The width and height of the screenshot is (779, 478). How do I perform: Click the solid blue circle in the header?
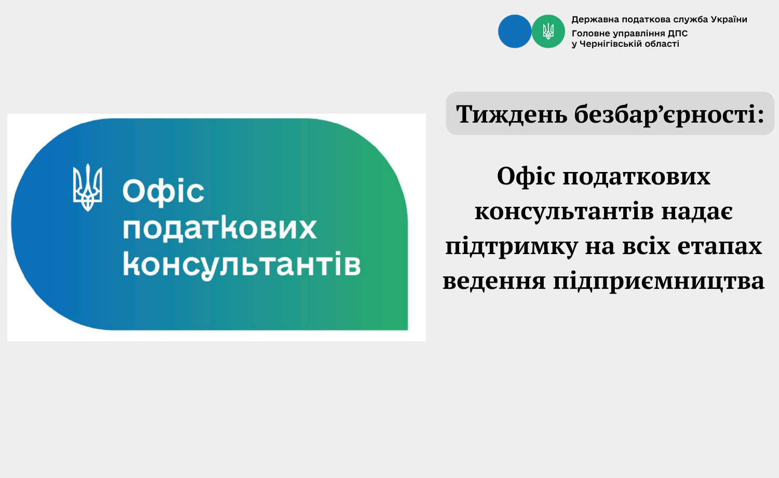(515, 31)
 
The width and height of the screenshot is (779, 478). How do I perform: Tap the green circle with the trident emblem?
(548, 31)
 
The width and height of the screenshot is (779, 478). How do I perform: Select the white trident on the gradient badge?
(87, 188)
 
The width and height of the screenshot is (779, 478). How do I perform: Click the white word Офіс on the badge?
(163, 191)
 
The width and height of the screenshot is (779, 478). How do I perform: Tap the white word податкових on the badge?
(220, 229)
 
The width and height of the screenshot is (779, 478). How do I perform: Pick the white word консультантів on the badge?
(241, 265)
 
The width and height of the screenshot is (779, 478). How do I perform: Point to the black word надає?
(697, 211)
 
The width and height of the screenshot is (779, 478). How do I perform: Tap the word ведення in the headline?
(494, 281)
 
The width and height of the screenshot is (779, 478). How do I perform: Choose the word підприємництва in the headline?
(659, 282)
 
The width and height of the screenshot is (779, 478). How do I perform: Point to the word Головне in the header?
(588, 33)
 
